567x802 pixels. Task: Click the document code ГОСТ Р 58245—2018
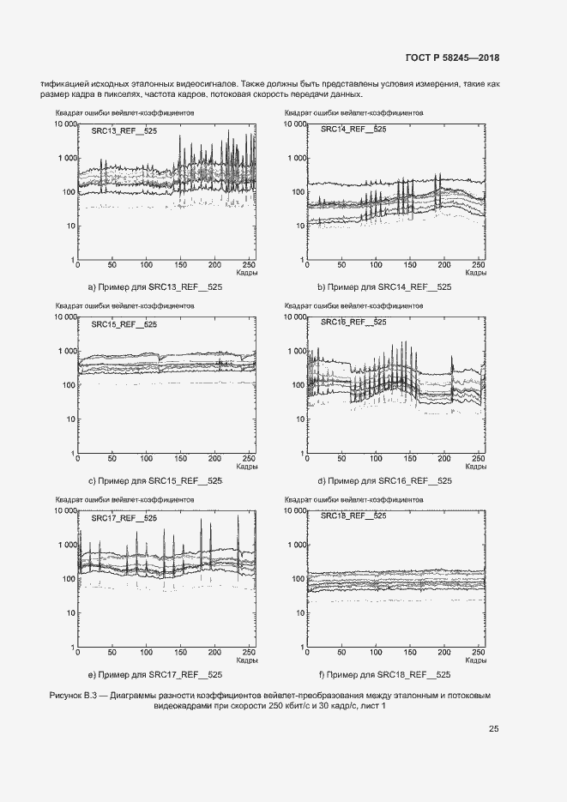click(x=451, y=57)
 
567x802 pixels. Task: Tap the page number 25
click(x=493, y=729)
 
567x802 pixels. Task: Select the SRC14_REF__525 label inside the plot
click(x=353, y=129)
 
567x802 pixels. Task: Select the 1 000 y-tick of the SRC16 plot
click(x=294, y=352)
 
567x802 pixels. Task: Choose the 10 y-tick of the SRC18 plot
click(x=299, y=614)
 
